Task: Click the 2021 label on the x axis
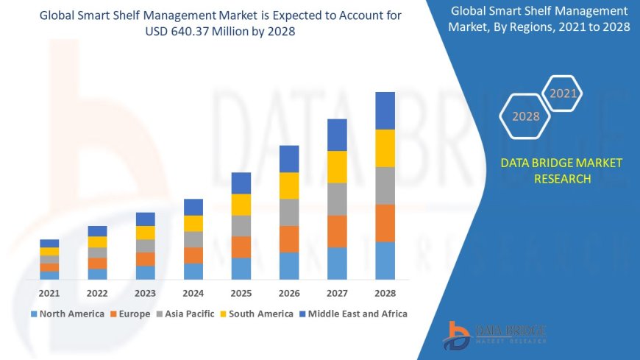(x=49, y=293)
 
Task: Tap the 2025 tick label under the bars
(x=241, y=293)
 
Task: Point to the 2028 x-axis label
(x=385, y=293)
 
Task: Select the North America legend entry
(x=67, y=314)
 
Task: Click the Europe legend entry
(x=133, y=314)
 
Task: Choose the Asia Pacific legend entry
(x=184, y=314)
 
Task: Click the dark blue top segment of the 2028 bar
(x=385, y=110)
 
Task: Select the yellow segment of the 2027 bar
(x=337, y=166)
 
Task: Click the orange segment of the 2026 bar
(x=289, y=239)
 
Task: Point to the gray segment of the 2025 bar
(x=241, y=225)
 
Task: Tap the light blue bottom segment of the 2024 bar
(x=193, y=271)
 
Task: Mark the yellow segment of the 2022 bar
(x=97, y=241)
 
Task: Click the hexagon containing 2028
(x=526, y=116)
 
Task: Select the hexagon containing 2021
(x=563, y=93)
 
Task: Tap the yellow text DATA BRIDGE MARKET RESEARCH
(x=561, y=171)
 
